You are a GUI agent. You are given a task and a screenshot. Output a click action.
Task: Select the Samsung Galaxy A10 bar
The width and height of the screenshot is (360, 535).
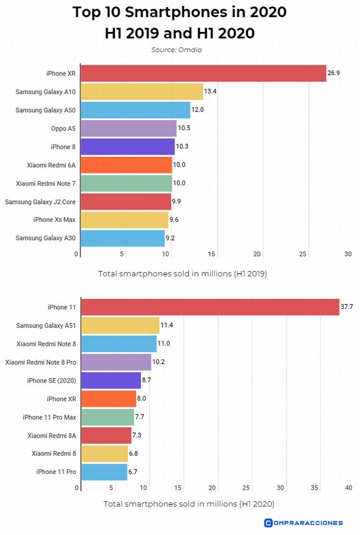(142, 91)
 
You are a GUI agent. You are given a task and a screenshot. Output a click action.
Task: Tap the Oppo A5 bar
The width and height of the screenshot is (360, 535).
(129, 129)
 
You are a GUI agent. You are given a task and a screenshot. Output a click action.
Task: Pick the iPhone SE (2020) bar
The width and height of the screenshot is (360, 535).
(110, 380)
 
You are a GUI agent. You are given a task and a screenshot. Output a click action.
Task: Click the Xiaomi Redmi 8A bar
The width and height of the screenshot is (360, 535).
(106, 436)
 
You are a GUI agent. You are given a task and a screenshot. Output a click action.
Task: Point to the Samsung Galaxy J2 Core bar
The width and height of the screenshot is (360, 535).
(126, 202)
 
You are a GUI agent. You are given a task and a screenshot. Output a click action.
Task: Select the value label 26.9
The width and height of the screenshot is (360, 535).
(334, 73)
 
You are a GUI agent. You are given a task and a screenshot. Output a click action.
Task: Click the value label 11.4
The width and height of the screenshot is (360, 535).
(167, 325)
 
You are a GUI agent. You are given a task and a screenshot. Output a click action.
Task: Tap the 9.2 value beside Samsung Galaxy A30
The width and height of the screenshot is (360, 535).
(172, 238)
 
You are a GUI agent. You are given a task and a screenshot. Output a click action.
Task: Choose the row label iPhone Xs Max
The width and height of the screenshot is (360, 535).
(54, 220)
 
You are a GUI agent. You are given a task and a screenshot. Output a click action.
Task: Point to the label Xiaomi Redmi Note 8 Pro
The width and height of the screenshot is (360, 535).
(40, 362)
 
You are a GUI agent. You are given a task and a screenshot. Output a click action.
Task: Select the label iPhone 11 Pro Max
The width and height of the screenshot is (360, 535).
(49, 417)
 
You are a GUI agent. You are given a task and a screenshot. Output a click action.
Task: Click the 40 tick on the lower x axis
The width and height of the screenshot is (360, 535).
(348, 488)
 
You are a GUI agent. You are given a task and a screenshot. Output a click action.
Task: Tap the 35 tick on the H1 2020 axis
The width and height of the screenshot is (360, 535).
(314, 488)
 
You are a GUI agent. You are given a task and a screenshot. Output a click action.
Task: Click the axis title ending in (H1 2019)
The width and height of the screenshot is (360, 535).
(182, 273)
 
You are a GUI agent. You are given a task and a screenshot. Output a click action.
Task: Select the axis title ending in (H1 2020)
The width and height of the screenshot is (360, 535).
(189, 503)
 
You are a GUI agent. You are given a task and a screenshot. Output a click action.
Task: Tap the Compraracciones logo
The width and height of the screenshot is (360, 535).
(303, 522)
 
